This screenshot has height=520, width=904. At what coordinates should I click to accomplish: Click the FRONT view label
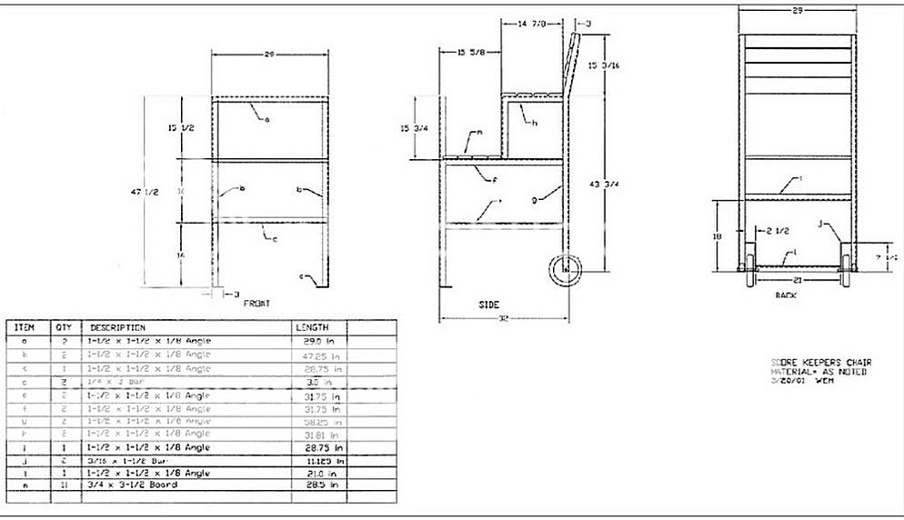(x=256, y=303)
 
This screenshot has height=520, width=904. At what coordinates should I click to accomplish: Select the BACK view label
(x=786, y=295)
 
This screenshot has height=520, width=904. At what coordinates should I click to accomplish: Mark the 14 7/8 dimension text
(x=537, y=24)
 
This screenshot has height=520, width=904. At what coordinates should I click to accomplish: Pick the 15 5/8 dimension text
(x=470, y=53)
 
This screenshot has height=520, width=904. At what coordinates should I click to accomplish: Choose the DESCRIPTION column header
(x=117, y=326)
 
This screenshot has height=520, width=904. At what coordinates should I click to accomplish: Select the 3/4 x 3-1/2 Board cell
(x=132, y=485)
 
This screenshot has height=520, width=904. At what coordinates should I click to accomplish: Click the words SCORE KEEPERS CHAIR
(x=819, y=363)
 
